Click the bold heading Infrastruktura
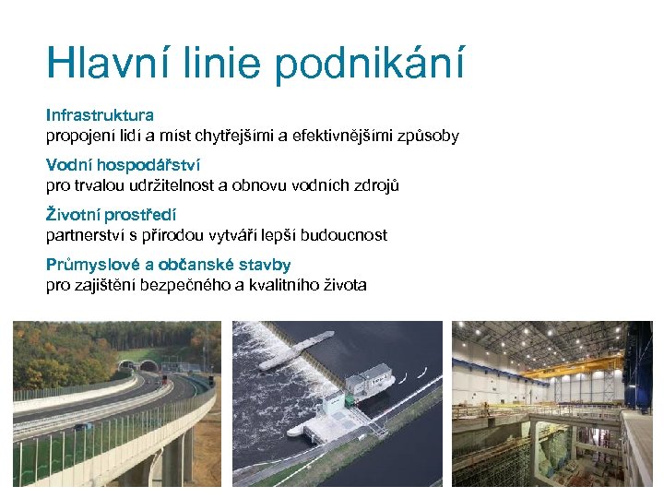click(100, 116)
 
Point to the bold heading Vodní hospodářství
click(123, 166)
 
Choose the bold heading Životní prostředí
click(112, 216)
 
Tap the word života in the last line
click(343, 286)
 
